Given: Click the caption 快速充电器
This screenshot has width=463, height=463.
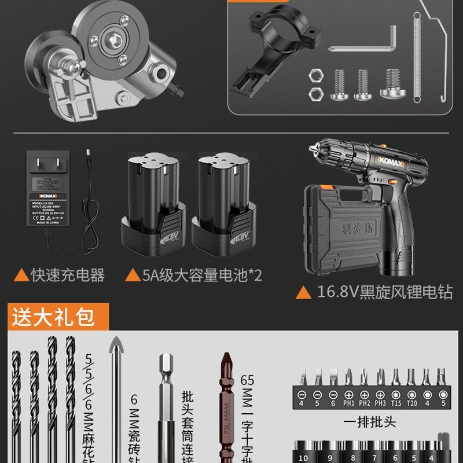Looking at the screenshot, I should coord(68,275).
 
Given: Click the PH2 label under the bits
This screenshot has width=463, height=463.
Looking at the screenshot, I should coord(364,402).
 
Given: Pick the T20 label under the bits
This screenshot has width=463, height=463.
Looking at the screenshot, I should coord(411,402).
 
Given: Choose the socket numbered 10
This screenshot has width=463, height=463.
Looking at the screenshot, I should coord(303,457).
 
